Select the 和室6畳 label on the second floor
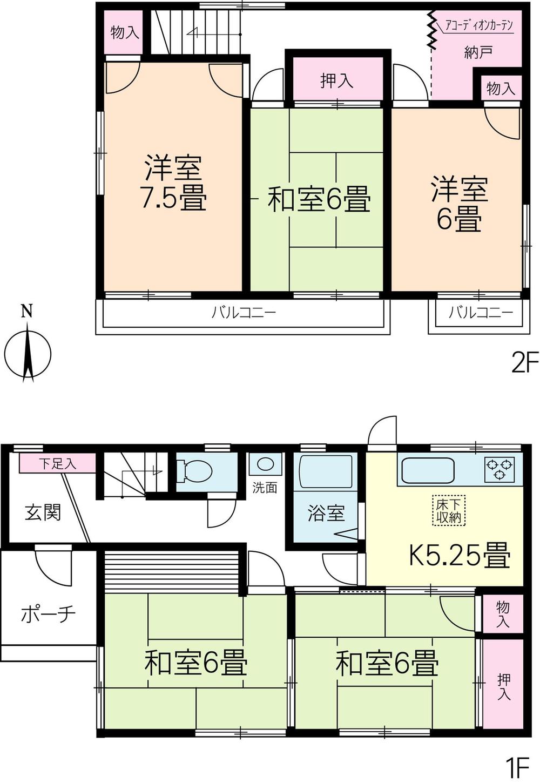[x=319, y=200]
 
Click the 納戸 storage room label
[x=478, y=52]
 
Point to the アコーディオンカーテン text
[x=478, y=25]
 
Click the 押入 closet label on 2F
[x=337, y=81]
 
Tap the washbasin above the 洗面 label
[x=265, y=464]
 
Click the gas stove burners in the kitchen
[x=500, y=469]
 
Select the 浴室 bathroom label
[x=326, y=513]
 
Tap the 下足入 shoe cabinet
[x=58, y=463]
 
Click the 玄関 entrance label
[x=43, y=512]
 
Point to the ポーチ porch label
[x=48, y=614]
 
